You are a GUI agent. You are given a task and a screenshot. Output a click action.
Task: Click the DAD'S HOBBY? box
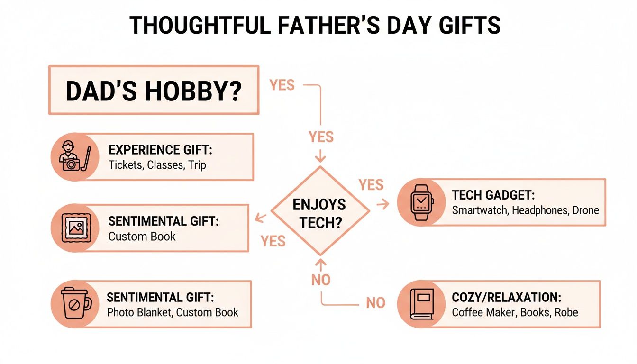click(154, 90)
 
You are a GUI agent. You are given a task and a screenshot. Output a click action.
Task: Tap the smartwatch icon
click(419, 202)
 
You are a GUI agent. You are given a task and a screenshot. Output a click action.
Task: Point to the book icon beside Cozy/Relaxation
click(419, 304)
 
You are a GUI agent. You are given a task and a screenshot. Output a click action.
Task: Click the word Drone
click(585, 210)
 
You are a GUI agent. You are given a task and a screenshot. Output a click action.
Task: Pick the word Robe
click(567, 312)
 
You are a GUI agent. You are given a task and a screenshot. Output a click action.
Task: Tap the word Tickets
click(125, 165)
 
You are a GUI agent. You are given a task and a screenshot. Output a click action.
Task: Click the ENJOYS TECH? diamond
click(320, 211)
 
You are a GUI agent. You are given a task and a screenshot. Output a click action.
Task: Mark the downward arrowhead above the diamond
click(321, 157)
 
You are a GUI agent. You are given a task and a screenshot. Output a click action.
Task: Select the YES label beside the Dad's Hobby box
click(282, 85)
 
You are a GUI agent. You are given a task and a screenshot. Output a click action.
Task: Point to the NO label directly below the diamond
click(321, 280)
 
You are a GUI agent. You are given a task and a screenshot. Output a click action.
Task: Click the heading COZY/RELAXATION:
click(506, 298)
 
